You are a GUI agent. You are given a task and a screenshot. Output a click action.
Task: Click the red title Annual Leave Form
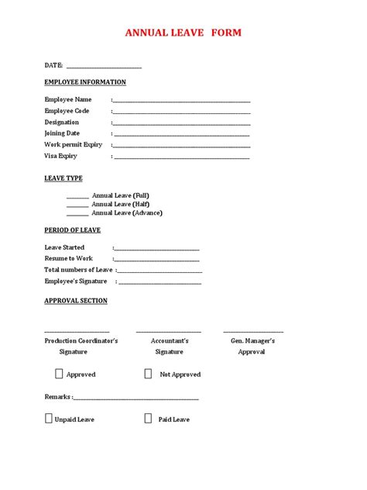click(183, 33)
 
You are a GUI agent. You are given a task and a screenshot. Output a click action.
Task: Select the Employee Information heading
click(85, 82)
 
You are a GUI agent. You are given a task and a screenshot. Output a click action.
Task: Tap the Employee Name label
click(68, 99)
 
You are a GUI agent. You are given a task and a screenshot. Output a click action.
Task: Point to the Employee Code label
click(67, 111)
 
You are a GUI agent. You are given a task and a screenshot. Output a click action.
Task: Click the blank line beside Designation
click(182, 123)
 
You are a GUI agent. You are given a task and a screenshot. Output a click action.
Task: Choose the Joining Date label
click(62, 133)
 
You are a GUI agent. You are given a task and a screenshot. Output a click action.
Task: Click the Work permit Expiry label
click(74, 144)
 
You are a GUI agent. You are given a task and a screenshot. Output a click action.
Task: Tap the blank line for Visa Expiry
click(182, 157)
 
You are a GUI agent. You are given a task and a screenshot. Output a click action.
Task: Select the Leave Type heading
click(63, 178)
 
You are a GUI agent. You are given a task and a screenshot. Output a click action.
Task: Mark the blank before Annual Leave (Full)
click(77, 197)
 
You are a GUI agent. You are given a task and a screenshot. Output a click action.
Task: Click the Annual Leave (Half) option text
click(121, 204)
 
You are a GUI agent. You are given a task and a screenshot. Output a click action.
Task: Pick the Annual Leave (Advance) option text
click(127, 212)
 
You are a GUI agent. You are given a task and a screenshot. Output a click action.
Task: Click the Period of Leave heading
click(73, 230)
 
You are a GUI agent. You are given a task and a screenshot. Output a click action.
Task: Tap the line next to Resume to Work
click(156, 261)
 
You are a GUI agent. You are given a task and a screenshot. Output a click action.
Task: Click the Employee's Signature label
click(76, 281)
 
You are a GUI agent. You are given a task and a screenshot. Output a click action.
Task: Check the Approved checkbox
click(59, 374)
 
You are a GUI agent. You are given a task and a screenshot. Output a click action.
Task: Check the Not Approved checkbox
click(148, 374)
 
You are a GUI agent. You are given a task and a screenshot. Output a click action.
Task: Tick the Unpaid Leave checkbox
click(49, 419)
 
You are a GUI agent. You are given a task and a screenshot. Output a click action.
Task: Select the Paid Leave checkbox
click(148, 419)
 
